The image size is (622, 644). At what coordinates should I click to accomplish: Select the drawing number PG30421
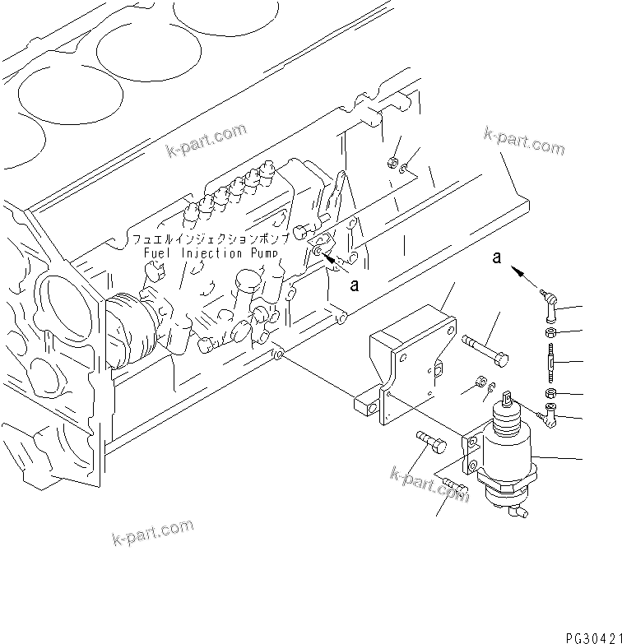(x=592, y=637)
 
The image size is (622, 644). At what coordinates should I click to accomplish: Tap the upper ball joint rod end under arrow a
(x=549, y=306)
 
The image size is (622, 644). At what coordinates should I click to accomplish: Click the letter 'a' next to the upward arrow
(x=496, y=258)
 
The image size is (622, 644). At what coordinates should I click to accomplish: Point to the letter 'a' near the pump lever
(x=355, y=285)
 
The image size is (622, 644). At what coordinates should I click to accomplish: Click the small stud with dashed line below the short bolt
(x=453, y=492)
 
